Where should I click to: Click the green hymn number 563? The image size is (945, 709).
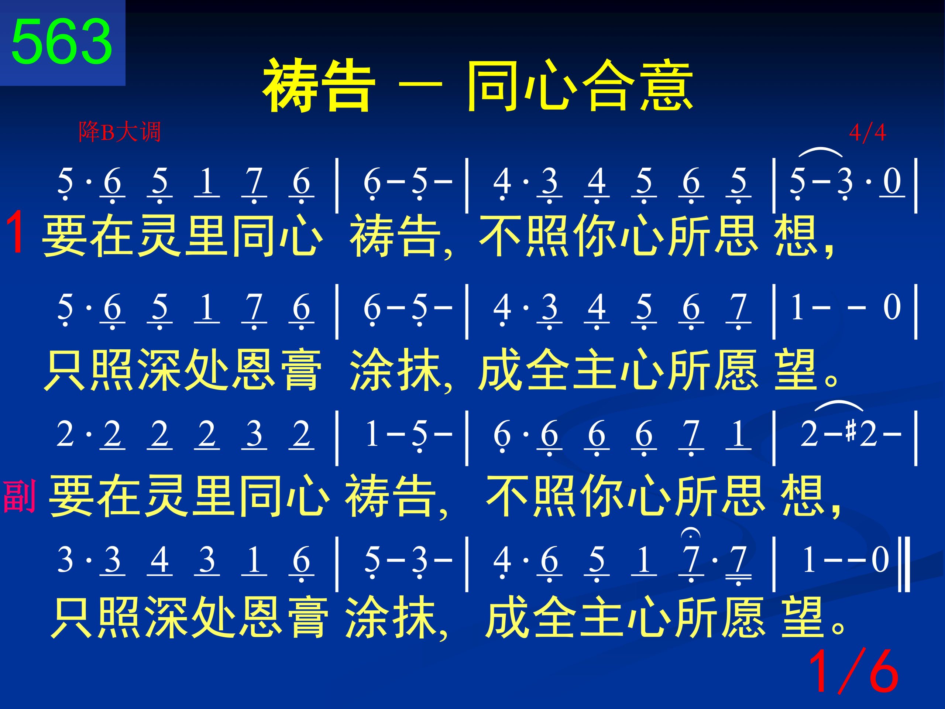[62, 41]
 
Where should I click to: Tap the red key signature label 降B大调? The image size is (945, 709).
[119, 131]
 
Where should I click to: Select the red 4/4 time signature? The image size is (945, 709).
[867, 133]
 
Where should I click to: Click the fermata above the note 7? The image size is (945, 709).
[691, 533]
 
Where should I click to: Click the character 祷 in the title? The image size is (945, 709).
[291, 85]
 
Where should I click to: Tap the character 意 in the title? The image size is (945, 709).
[666, 85]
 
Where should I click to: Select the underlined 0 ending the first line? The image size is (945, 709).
[891, 182]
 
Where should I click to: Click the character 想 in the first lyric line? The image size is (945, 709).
[795, 235]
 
